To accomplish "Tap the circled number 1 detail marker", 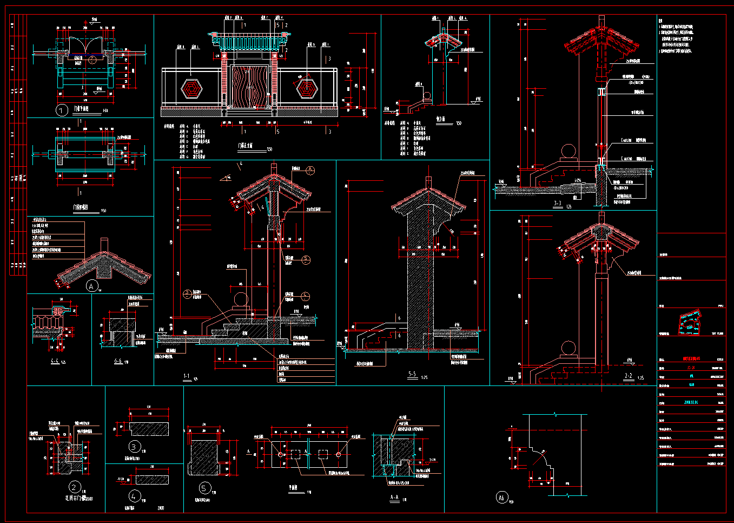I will [62, 110].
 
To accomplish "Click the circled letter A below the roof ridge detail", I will [92, 286].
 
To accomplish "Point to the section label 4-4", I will [55, 361].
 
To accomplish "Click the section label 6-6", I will [117, 361].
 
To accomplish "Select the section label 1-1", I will [187, 376].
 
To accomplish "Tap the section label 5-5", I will [412, 374].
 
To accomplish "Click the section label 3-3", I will [557, 204].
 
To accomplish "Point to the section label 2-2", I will [629, 376].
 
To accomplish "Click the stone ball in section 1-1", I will [241, 299].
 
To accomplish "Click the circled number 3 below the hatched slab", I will [135, 447].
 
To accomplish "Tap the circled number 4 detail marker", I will [135, 495].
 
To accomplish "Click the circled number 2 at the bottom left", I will [75, 487].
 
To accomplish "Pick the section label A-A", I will [394, 497].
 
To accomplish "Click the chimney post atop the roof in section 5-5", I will [429, 181].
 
